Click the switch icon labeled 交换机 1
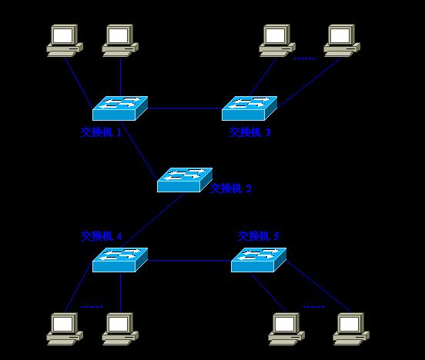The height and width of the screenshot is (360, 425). pyautogui.click(x=120, y=107)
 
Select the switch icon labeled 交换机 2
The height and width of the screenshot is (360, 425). pyautogui.click(x=185, y=179)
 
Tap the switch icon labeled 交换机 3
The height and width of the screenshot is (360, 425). pyautogui.click(x=249, y=107)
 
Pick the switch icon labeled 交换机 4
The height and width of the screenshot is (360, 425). pyautogui.click(x=120, y=259)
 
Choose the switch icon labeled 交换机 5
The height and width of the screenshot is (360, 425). pyautogui.click(x=259, y=259)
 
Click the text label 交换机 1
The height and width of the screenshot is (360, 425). pyautogui.click(x=102, y=132)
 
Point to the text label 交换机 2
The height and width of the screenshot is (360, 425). pyautogui.click(x=231, y=188)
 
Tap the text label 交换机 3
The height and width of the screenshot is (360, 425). pyautogui.click(x=250, y=132)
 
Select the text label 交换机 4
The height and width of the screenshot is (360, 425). pyautogui.click(x=102, y=236)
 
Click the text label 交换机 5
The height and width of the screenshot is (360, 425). pyautogui.click(x=259, y=236)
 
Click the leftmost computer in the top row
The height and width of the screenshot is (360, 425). pyautogui.click(x=65, y=40)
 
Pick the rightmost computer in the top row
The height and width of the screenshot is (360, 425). pyautogui.click(x=342, y=40)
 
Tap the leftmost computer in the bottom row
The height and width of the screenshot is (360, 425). pyautogui.click(x=65, y=327)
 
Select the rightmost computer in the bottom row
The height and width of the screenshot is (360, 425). pyautogui.click(x=351, y=327)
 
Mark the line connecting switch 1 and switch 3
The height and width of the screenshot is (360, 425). pyautogui.click(x=185, y=108)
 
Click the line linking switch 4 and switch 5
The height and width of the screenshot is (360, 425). pyautogui.click(x=189, y=261)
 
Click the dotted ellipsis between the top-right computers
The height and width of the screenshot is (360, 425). pyautogui.click(x=305, y=58)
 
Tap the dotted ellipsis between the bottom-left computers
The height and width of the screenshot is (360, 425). pyautogui.click(x=92, y=306)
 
